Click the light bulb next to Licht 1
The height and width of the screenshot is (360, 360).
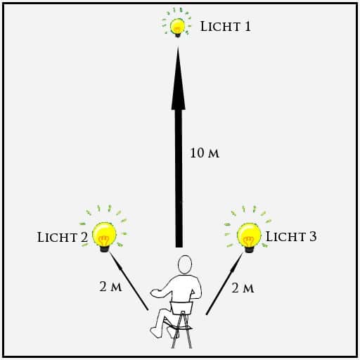pos(177,27)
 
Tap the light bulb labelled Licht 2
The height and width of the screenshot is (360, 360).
pos(104,237)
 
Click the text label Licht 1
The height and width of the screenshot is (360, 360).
pos(226,26)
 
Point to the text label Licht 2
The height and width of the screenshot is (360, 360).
pos(63,237)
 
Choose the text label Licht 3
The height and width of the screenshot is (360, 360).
pos(291,236)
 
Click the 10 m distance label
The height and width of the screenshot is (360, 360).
pos(205,153)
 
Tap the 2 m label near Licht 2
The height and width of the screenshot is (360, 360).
pos(110,286)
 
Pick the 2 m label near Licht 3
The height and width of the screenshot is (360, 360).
pos(243,288)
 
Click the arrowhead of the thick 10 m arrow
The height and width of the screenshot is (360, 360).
pos(179,79)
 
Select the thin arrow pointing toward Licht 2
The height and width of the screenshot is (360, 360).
pos(129,282)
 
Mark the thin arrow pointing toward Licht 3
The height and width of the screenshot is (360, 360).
pos(224,283)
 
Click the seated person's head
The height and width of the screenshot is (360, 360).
pos(185,264)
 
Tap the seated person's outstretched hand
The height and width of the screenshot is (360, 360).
pos(155,293)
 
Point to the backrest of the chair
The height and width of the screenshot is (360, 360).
pos(181,308)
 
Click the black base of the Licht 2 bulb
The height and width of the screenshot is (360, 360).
pos(105,249)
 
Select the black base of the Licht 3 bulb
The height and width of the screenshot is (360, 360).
pos(249,250)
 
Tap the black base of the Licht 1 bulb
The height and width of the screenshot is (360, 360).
pos(178,35)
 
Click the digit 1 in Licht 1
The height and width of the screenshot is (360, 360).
pos(247,26)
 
